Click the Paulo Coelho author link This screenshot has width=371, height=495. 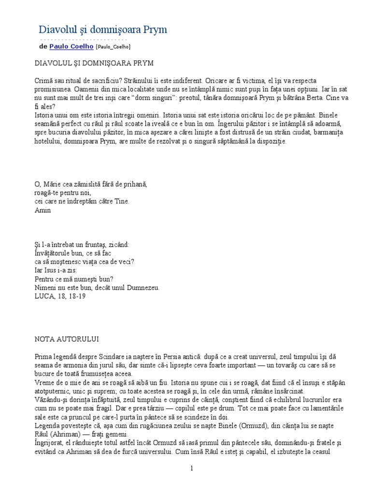(x=71, y=46)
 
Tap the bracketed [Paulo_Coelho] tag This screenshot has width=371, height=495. (x=113, y=47)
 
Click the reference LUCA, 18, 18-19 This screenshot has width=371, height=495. (x=60, y=296)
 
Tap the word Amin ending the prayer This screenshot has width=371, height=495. (x=43, y=210)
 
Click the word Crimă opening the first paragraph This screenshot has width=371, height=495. (x=46, y=80)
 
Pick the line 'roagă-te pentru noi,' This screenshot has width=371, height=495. (x=63, y=193)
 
